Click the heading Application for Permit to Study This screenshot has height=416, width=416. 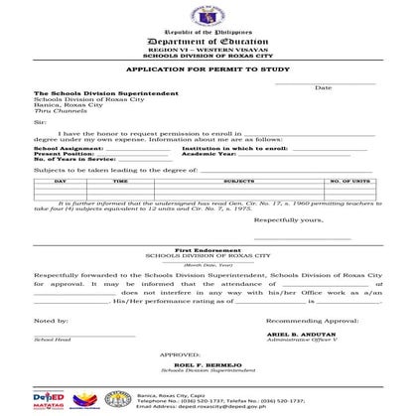208,71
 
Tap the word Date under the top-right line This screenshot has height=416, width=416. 324,87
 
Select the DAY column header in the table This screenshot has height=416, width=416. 61,182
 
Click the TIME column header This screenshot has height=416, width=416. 120,182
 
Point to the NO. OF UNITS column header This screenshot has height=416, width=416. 349,182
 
